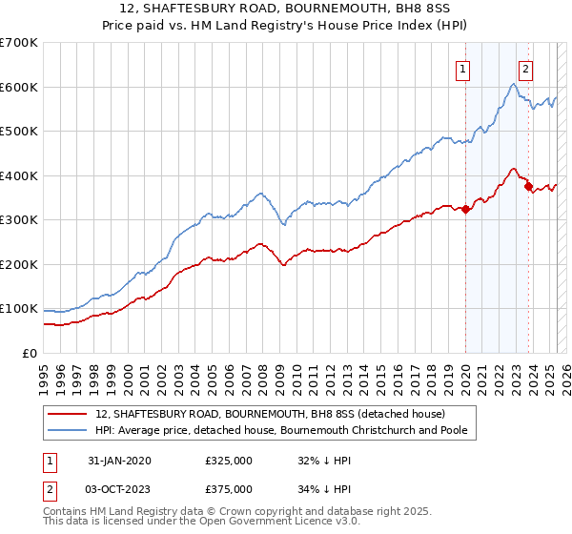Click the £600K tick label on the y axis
click(x=19, y=87)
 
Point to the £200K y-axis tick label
click(x=19, y=264)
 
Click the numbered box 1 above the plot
click(x=463, y=68)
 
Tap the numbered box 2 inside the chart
click(x=525, y=68)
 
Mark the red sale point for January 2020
click(x=465, y=210)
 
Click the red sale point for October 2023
click(x=527, y=187)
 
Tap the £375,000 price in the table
click(x=229, y=488)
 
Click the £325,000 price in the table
click(x=229, y=461)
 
